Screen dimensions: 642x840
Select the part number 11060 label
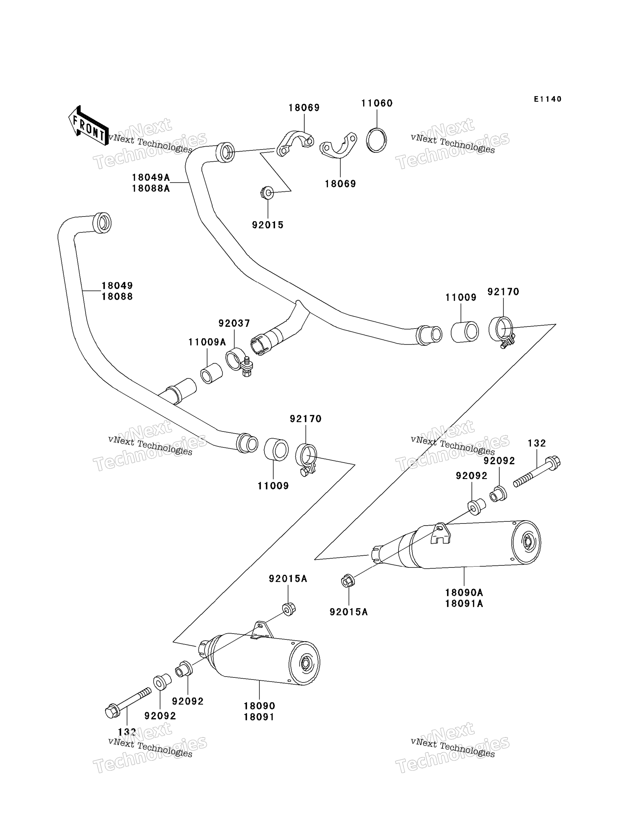coord(377,103)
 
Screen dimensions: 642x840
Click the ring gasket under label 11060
coord(376,140)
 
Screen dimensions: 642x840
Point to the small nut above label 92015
coord(267,193)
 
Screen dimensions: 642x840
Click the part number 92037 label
coord(234,323)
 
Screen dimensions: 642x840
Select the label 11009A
coord(207,342)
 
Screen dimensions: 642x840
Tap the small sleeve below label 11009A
coord(211,373)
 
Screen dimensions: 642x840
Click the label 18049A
coord(151,177)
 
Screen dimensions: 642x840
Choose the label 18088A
coord(151,188)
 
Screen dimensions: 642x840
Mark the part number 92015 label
coord(268,225)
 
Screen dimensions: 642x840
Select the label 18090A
coord(464,593)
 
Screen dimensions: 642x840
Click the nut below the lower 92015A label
coord(289,609)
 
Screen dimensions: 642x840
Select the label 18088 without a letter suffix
coord(117,297)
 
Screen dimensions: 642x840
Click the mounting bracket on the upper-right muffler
coord(441,534)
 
